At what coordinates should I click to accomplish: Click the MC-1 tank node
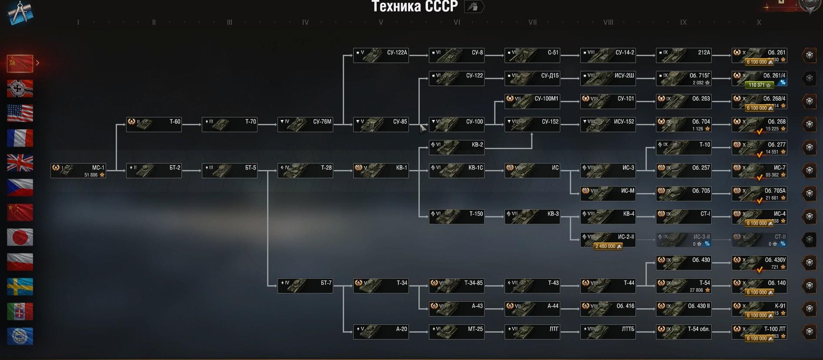click(x=78, y=170)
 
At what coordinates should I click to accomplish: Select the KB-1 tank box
click(x=381, y=170)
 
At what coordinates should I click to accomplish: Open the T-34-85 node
click(x=456, y=286)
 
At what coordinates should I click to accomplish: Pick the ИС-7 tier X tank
click(x=759, y=170)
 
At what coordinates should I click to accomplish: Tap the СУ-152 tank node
click(x=532, y=124)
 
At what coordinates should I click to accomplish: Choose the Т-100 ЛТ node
click(x=759, y=332)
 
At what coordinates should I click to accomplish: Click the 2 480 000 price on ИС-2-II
click(x=608, y=247)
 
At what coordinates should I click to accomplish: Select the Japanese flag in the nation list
click(x=20, y=237)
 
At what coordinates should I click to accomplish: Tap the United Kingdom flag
click(x=20, y=163)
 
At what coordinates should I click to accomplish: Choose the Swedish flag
click(x=20, y=287)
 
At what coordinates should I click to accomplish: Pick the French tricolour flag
click(x=20, y=138)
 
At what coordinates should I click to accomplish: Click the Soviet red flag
click(x=20, y=64)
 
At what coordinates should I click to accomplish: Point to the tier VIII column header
click(x=608, y=22)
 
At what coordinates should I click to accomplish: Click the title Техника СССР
click(x=414, y=7)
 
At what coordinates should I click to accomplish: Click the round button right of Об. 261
click(x=809, y=55)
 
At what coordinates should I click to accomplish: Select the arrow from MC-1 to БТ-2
click(x=116, y=170)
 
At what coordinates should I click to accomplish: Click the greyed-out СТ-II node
click(x=759, y=240)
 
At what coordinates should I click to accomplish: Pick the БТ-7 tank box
click(x=305, y=286)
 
